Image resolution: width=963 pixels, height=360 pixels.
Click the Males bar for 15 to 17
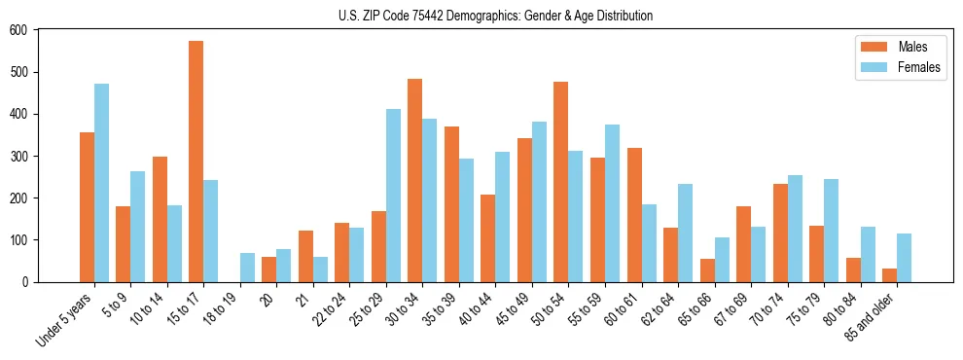pyautogui.click(x=196, y=162)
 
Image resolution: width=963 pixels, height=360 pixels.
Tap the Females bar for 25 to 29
pyautogui.click(x=394, y=196)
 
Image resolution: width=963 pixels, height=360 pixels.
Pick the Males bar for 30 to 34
pyautogui.click(x=415, y=180)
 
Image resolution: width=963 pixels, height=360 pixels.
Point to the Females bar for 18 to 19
pyautogui.click(x=248, y=268)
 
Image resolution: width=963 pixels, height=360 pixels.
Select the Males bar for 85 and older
pyautogui.click(x=889, y=275)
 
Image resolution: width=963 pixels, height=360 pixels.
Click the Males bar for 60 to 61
pyautogui.click(x=634, y=215)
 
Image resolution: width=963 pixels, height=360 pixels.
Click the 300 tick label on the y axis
pyautogui.click(x=19, y=156)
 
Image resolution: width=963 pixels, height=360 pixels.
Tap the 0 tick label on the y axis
pyautogui.click(x=26, y=282)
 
